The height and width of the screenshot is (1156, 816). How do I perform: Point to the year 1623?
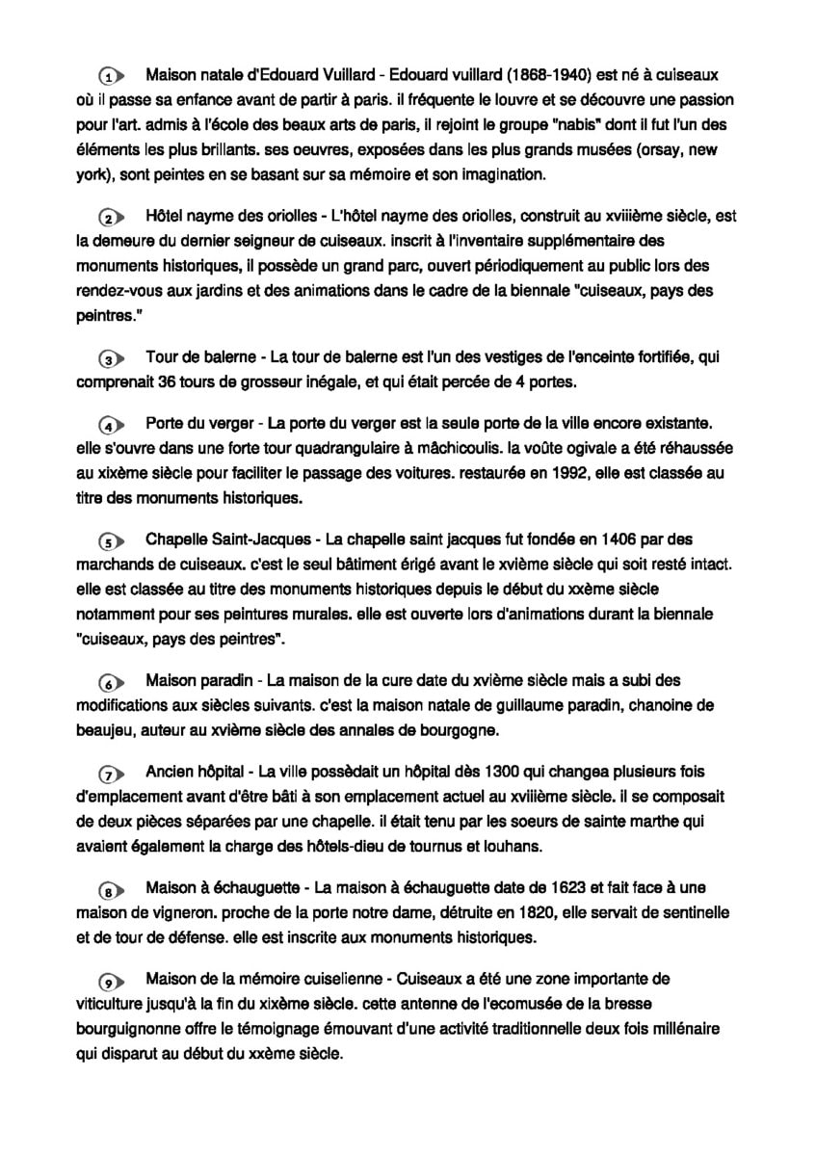click(561, 886)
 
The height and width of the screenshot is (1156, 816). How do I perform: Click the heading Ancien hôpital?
click(197, 772)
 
